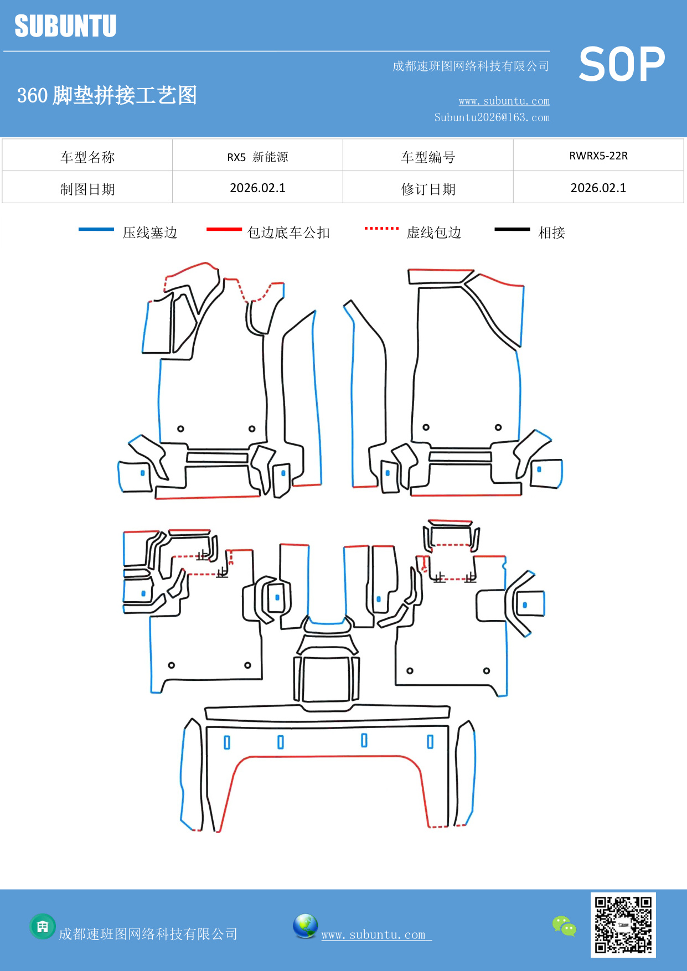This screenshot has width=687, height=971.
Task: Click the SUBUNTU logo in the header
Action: point(65,26)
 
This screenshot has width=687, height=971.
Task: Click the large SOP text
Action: point(622,65)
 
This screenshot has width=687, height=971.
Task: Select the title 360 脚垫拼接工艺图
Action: point(107,95)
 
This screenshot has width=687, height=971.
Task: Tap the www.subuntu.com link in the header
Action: point(504,101)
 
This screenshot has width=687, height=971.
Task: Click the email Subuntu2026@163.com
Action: point(492,117)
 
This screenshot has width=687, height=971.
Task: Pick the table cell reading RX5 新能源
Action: point(257,157)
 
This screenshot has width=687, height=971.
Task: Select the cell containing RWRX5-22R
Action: point(598,156)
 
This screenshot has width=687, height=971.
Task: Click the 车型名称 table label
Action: point(87,157)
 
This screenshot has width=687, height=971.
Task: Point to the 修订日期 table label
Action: point(428,189)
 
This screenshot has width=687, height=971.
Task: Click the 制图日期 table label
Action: point(87,189)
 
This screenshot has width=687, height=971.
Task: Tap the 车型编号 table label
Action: point(428,157)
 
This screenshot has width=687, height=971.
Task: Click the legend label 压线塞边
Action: point(149,233)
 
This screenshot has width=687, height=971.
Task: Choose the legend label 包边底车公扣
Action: point(288,233)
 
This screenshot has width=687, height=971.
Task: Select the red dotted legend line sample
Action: point(381,228)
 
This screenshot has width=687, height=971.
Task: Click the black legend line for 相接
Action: point(512,229)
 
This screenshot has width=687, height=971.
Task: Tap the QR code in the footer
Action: point(623,924)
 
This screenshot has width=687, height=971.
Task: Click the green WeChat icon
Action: point(564,926)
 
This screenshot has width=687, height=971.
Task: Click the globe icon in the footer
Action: point(305,926)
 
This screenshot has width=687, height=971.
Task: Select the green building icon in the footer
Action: point(43,926)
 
